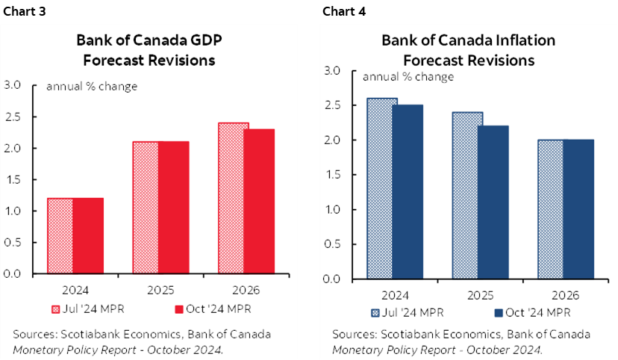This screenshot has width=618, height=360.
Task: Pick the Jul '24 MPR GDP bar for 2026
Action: pyautogui.click(x=232, y=198)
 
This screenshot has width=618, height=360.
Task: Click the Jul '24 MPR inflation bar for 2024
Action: pyautogui.click(x=381, y=188)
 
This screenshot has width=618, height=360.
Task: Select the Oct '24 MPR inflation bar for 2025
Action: pyautogui.click(x=493, y=202)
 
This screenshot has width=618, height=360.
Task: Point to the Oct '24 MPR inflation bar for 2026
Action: pyautogui.click(x=578, y=209)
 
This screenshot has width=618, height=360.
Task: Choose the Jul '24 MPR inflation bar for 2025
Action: pyautogui.click(x=467, y=195)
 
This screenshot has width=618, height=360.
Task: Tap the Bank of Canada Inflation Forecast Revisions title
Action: pyautogui.click(x=468, y=50)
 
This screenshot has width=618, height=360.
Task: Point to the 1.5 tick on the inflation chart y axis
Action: pyautogui.click(x=333, y=175)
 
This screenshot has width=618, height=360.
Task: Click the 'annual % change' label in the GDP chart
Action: pyautogui.click(x=92, y=86)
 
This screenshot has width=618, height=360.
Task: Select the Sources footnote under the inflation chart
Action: pyautogui.click(x=461, y=341)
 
